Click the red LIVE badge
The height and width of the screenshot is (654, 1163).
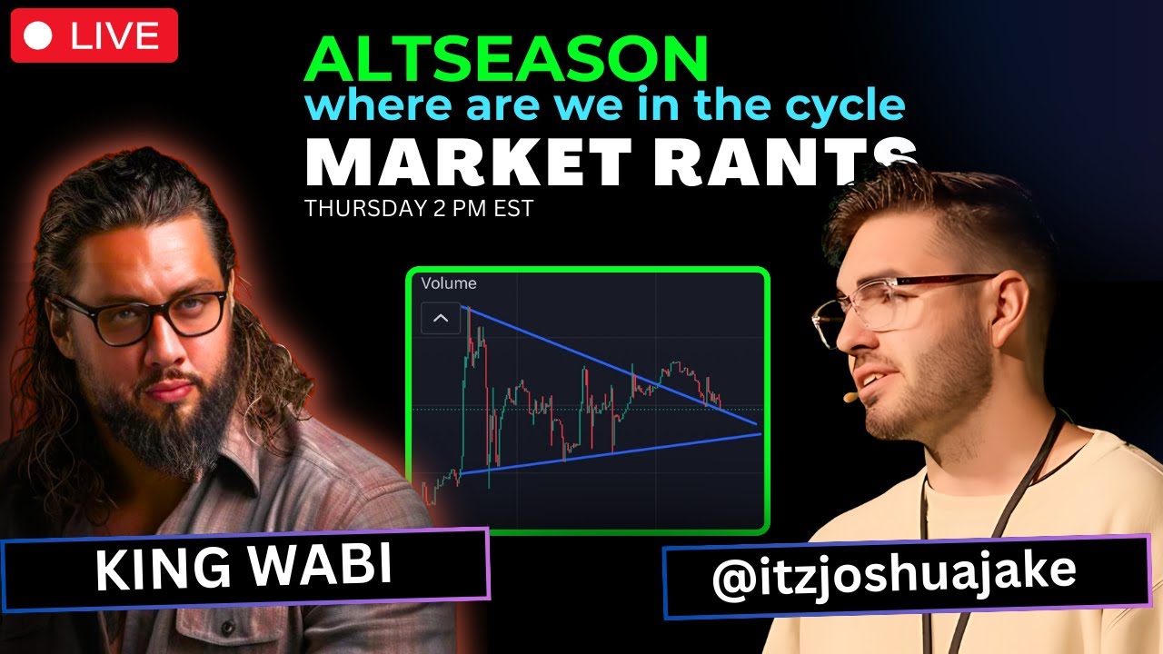[x=94, y=35]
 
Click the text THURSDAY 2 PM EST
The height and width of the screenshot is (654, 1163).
[x=419, y=208]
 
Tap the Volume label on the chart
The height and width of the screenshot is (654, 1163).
[x=449, y=283]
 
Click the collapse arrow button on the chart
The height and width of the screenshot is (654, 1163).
[x=441, y=319]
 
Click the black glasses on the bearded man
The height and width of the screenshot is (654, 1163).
[x=145, y=313]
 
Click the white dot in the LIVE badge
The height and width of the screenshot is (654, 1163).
[x=38, y=35]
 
